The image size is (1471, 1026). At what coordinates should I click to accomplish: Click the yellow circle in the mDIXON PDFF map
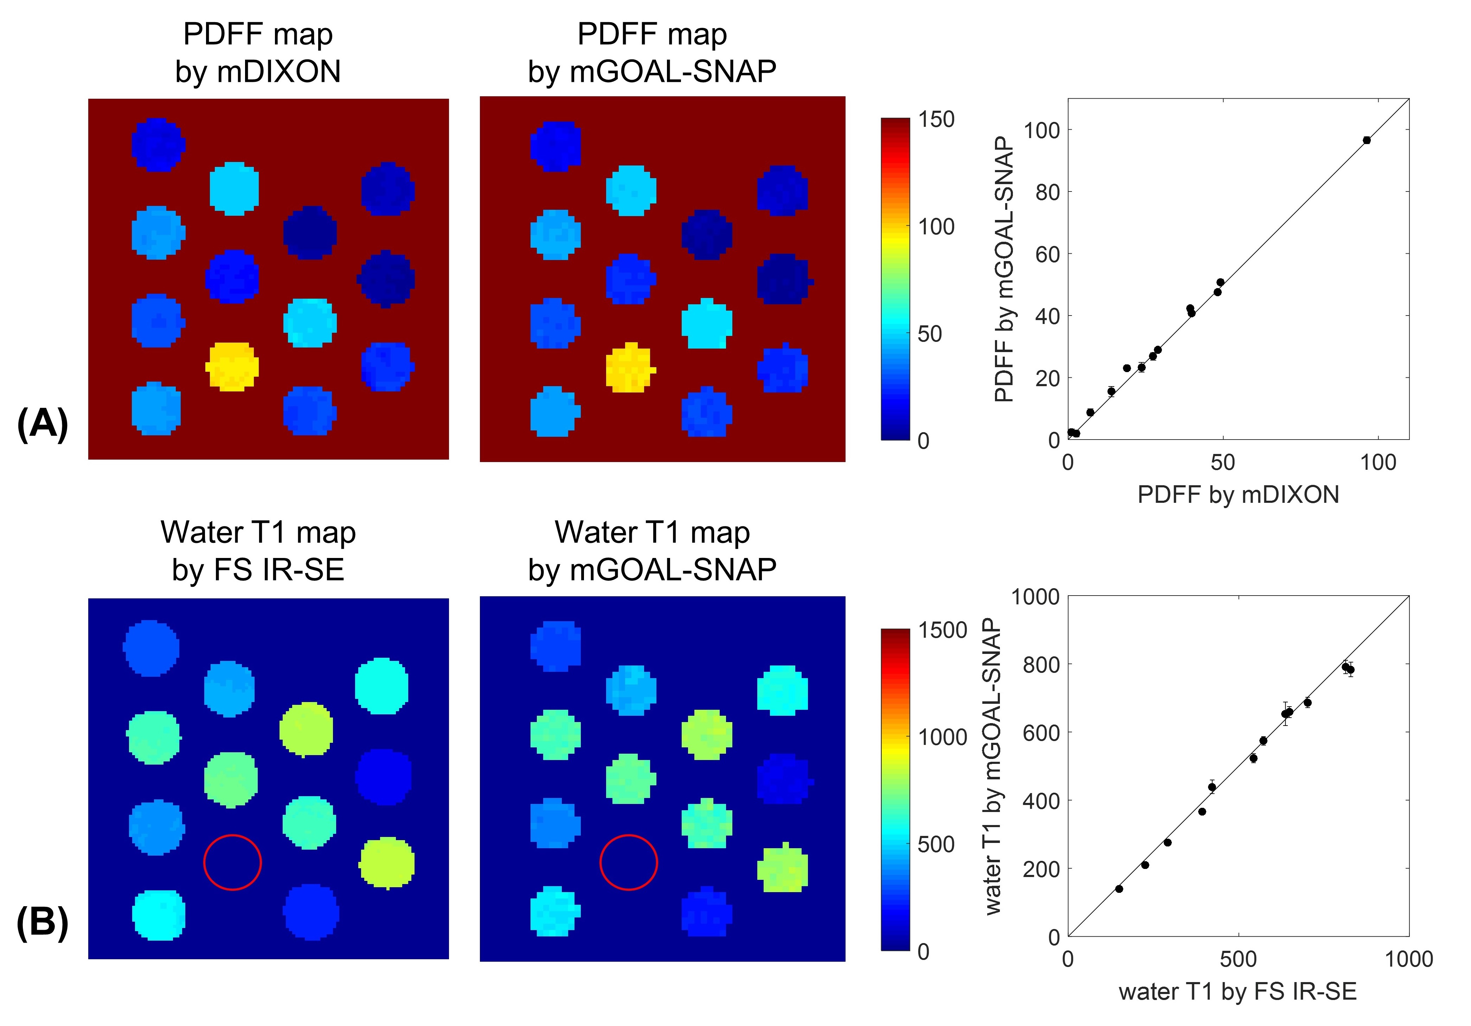pos(232,366)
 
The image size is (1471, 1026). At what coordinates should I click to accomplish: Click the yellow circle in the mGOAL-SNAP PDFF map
pos(629,368)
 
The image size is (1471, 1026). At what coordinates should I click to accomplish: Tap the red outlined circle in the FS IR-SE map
pos(232,862)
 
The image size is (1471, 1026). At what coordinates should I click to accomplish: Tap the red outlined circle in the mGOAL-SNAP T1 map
pos(629,862)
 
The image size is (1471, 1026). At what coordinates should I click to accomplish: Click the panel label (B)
pos(42,923)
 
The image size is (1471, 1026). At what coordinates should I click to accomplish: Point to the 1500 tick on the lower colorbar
pos(942,630)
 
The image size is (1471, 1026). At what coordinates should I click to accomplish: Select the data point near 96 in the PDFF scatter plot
pos(1367,140)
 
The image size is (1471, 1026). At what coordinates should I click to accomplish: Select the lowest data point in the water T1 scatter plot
pos(1119,888)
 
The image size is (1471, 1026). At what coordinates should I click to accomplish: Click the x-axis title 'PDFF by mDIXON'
pos(1238,494)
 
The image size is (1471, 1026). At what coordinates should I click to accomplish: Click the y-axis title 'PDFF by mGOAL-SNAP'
pos(1004,269)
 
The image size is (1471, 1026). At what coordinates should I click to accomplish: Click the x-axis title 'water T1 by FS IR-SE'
pos(1238,992)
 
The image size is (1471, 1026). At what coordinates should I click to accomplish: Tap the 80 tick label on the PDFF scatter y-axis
pos(1047,192)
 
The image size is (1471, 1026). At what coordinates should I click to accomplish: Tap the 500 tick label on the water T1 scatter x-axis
pos(1238,959)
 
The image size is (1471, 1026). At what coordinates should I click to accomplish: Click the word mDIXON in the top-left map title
pos(279,71)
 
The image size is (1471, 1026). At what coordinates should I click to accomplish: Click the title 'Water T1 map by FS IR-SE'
pos(258,551)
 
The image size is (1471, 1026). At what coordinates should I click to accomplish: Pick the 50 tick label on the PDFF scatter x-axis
pos(1222,462)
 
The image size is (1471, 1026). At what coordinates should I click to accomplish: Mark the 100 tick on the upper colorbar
pos(936,227)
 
